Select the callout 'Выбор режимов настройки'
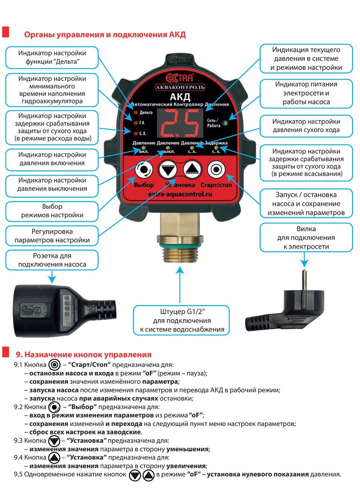pyautogui.click(x=52, y=211)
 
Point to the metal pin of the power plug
pyautogui.click(x=304, y=280)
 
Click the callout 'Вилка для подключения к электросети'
pyautogui.click(x=306, y=238)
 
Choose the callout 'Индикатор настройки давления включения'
pyautogui.click(x=52, y=159)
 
